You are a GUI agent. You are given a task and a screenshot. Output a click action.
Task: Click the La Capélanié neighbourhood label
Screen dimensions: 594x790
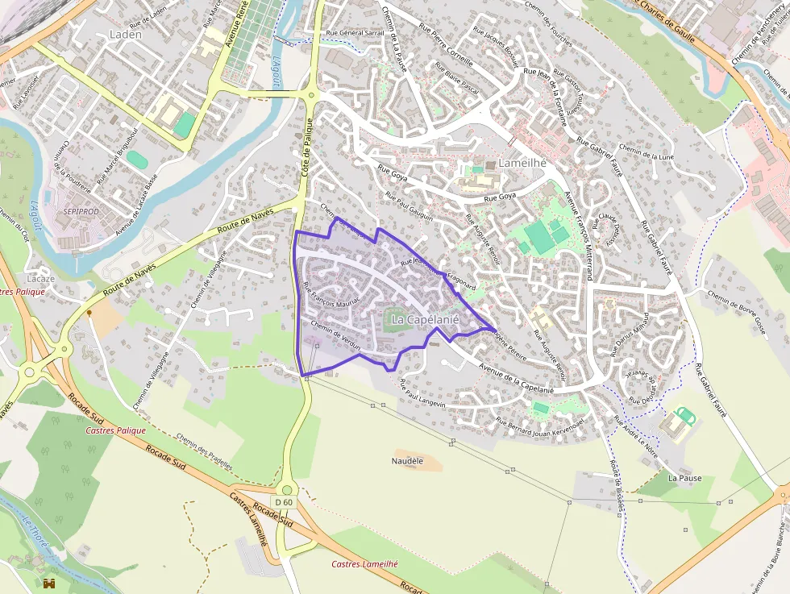coord(424,320)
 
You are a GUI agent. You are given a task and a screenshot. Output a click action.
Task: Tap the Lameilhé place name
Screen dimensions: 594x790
coord(522,163)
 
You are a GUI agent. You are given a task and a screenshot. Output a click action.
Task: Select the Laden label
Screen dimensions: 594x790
coord(125,35)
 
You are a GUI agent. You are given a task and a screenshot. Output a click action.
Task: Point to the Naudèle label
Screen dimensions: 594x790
coord(407,460)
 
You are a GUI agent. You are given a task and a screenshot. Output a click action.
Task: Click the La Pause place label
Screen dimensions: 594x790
coord(684,478)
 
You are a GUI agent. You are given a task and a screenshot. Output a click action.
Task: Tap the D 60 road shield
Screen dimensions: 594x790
coord(284,502)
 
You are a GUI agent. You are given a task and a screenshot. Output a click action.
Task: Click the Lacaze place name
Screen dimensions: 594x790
coord(40,279)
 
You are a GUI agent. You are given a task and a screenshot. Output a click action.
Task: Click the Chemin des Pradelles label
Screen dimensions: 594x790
coord(204,453)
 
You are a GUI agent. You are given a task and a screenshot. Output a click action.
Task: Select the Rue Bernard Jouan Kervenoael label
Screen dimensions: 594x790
coord(538,424)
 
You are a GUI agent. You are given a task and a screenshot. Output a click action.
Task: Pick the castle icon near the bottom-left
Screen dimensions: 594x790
coord(50,583)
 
